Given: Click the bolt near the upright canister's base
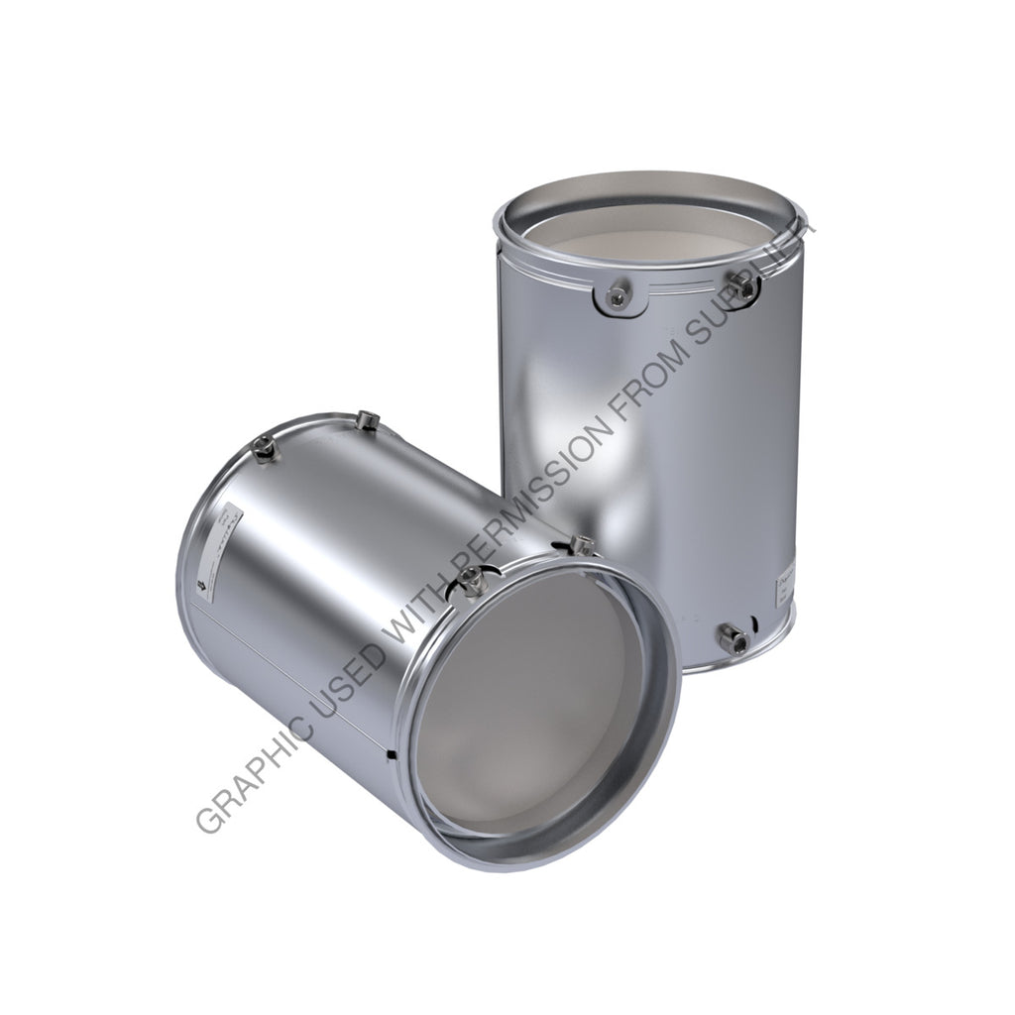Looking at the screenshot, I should pyautogui.click(x=736, y=641).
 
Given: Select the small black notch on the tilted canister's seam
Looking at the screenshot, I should pyautogui.click(x=390, y=755).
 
